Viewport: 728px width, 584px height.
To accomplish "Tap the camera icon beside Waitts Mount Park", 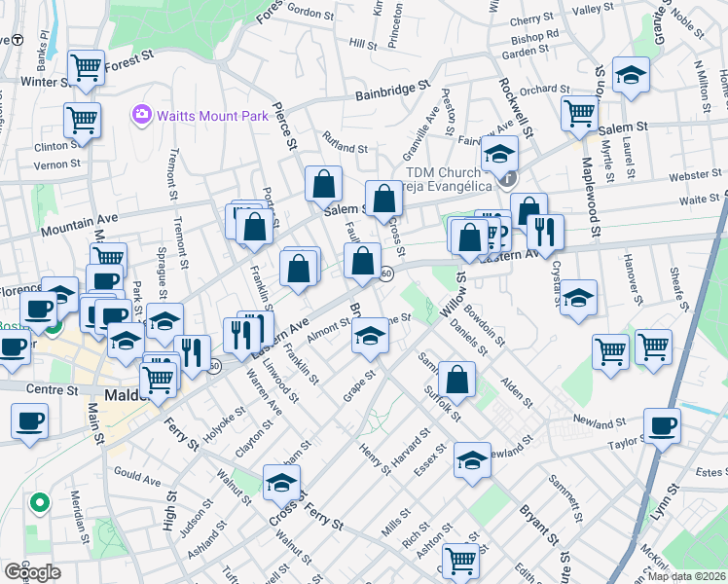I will [x=142, y=116].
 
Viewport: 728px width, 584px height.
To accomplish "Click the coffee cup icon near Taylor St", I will [x=662, y=425].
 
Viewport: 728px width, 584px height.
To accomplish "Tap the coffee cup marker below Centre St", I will [x=29, y=422].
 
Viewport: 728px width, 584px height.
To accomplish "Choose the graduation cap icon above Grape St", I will [x=369, y=337].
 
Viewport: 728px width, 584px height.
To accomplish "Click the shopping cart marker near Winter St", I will [x=87, y=67].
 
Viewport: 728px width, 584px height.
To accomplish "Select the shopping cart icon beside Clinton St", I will [x=82, y=121].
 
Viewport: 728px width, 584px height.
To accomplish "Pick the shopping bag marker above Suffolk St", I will [x=456, y=379].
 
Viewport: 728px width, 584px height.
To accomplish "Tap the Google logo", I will [x=32, y=571].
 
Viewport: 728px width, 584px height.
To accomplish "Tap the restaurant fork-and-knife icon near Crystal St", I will [x=543, y=232].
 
